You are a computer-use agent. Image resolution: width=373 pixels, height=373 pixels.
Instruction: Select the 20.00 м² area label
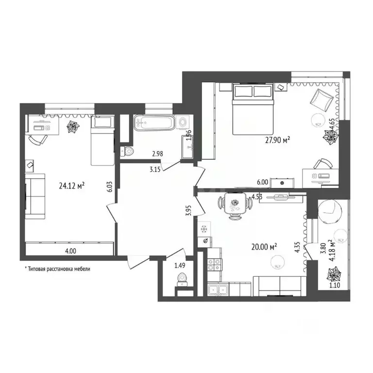[x=264, y=247]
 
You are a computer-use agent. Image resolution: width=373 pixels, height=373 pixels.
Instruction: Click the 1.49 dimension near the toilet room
[x=180, y=265]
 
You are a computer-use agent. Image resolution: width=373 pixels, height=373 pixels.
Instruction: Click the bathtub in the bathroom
[x=153, y=122]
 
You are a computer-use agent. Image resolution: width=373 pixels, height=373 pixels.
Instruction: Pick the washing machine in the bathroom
[x=184, y=123]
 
